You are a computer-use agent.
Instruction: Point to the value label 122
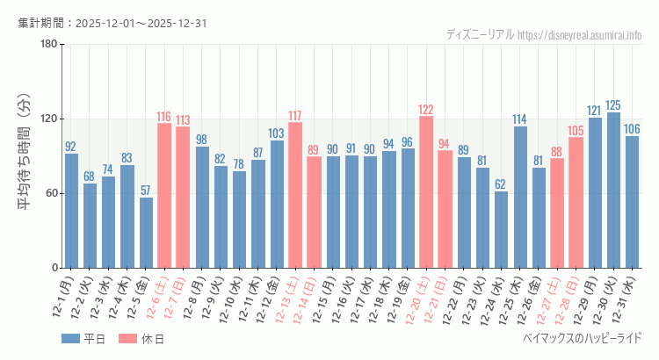(x=426, y=110)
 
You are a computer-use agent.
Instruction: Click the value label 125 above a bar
(x=613, y=105)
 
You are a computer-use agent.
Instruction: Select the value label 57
(x=146, y=191)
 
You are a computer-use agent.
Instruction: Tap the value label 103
(x=277, y=133)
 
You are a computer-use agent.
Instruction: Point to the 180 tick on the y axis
(x=48, y=45)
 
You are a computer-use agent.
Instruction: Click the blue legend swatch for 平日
(x=71, y=339)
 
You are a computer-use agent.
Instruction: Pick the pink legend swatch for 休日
(x=127, y=339)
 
